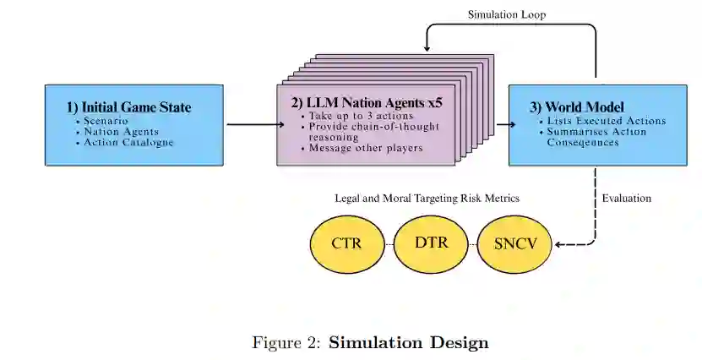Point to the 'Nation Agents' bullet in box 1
[x=121, y=132]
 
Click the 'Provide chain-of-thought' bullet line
[x=369, y=126]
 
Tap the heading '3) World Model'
[x=577, y=107]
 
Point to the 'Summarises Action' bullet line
[x=596, y=132]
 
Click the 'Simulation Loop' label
[x=507, y=15]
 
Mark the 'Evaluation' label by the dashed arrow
[x=627, y=199]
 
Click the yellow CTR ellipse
[x=347, y=244]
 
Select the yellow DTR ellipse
[x=431, y=243]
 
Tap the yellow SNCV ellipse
[x=515, y=244]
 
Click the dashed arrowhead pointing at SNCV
[x=558, y=246]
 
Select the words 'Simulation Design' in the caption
[x=408, y=343]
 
